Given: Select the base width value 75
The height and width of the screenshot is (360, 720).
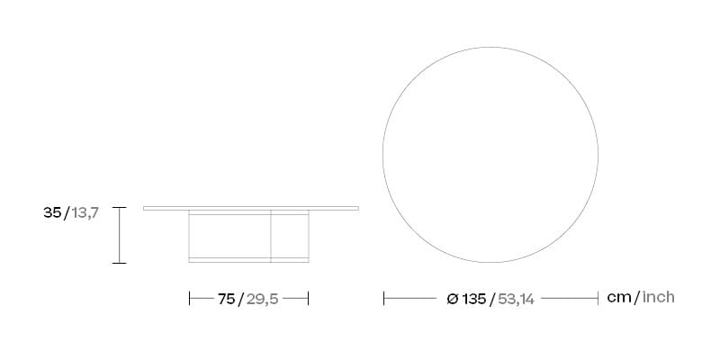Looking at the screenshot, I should click(x=225, y=298).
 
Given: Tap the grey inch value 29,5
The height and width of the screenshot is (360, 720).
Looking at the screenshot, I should click(x=262, y=298).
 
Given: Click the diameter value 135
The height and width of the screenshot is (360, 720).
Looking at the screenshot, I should click(x=473, y=298).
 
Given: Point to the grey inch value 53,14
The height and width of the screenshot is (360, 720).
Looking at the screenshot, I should click(x=516, y=298).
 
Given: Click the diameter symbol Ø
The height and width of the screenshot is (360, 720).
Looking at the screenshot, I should click(x=453, y=298).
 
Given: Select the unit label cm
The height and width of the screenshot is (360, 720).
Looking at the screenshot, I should click(x=619, y=297).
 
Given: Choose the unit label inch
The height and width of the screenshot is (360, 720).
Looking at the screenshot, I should click(x=658, y=297).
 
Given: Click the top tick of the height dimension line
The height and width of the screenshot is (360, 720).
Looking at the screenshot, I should click(x=119, y=207).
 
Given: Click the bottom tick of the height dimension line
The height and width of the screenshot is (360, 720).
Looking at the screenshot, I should click(x=119, y=263).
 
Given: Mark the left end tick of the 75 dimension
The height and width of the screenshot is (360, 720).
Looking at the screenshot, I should click(x=190, y=298).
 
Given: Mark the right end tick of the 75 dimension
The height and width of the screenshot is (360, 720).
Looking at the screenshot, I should click(x=309, y=298).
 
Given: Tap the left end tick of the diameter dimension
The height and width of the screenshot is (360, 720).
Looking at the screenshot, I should click(x=384, y=298).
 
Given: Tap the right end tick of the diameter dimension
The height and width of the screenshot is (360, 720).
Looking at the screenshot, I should click(x=598, y=298).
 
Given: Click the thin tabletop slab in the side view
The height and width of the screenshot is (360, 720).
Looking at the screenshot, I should click(x=251, y=208).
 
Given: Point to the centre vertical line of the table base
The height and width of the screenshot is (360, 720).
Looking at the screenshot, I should click(x=271, y=236).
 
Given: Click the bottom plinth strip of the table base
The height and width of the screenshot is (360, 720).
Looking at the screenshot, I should click(x=249, y=260).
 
